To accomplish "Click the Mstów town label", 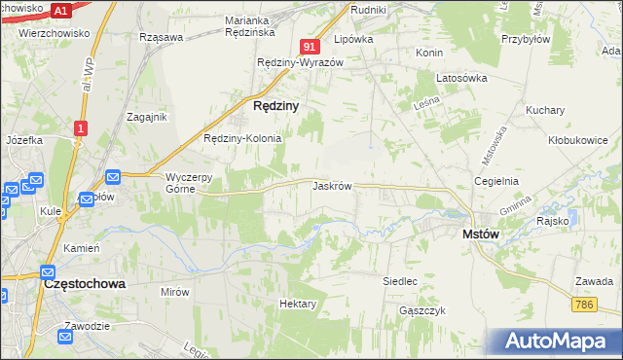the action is (x=480, y=234).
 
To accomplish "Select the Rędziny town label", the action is (x=275, y=104).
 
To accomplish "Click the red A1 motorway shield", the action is (x=59, y=11).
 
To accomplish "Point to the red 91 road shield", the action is (x=310, y=46).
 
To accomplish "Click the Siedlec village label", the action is (x=400, y=281).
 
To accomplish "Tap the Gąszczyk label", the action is (x=422, y=310).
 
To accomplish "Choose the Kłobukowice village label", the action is (x=577, y=139).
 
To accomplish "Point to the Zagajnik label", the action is (x=147, y=116).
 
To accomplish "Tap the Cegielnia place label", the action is (x=495, y=181).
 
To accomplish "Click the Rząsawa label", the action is (x=162, y=37).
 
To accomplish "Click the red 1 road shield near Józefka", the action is (x=81, y=126).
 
